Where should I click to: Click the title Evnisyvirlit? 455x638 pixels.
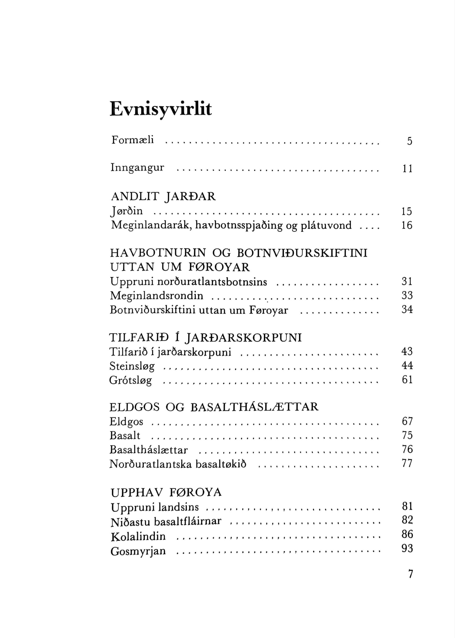[161, 109]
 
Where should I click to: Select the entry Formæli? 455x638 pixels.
[132, 140]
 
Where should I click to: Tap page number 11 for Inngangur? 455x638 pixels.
[407, 169]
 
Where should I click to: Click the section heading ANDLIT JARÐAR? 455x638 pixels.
[163, 197]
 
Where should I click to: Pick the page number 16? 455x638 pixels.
[407, 225]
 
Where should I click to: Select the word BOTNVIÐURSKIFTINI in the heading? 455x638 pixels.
[302, 253]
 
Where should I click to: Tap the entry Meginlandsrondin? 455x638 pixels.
[157, 296]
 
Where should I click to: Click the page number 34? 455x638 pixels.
[407, 310]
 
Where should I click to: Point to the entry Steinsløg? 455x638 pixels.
[132, 366]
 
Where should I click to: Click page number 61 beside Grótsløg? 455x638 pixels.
[407, 380]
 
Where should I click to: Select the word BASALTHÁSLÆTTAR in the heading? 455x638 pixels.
[255, 407]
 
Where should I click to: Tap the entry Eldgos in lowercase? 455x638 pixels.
[126, 422]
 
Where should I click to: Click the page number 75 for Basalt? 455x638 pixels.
[407, 435]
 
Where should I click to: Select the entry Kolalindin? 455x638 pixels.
[138, 537]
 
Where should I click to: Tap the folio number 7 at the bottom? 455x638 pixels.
[410, 574]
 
